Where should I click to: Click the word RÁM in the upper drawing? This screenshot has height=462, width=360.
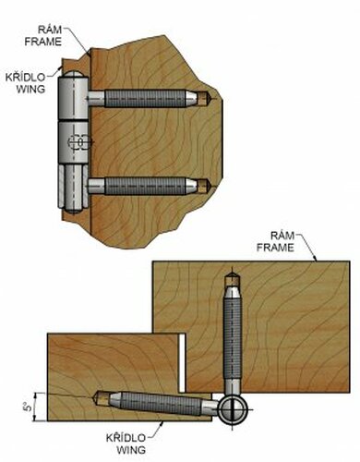(x=50, y=30)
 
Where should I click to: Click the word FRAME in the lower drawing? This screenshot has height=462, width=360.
(x=275, y=248)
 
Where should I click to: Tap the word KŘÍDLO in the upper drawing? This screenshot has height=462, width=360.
(x=25, y=78)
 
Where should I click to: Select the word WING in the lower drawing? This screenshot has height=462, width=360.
(x=131, y=450)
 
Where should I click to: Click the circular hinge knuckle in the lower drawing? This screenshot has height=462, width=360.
(x=233, y=410)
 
